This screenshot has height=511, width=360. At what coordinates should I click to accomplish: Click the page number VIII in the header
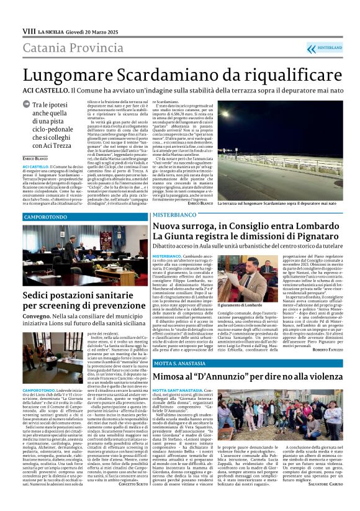[x=29, y=30]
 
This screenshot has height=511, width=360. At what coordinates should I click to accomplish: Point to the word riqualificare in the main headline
[x=294, y=76]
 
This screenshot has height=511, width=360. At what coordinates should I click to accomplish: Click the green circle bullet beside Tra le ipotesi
[x=27, y=106]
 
